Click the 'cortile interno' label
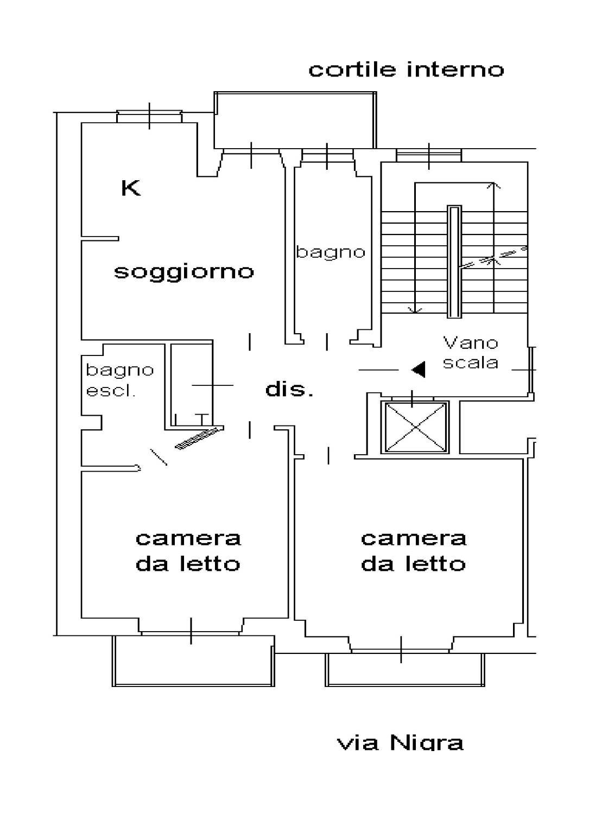406,69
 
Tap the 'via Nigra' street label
401,742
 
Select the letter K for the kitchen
131,188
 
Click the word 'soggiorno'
183,271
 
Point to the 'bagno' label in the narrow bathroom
331,252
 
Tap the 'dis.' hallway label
289,389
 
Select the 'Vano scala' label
470,352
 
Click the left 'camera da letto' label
188,551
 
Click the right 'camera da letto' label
414,551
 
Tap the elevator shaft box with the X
415,427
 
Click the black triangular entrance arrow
418,370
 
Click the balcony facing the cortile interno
295,120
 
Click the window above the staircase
429,155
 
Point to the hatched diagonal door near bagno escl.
199,438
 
